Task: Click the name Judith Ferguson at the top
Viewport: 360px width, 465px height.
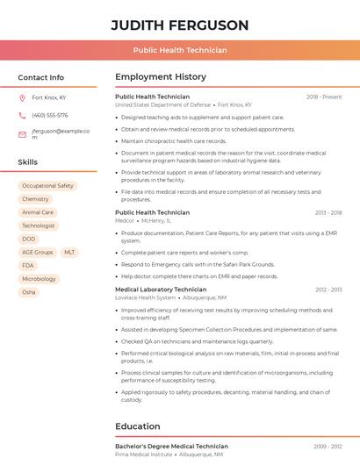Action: tap(180, 25)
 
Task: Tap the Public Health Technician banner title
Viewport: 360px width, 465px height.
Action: tap(180, 50)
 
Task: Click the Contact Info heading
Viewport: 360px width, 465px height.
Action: tap(40, 77)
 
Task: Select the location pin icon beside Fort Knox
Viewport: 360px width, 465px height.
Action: tap(22, 97)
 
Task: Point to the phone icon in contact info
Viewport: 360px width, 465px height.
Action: tap(22, 115)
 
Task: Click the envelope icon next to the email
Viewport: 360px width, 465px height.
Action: tap(22, 134)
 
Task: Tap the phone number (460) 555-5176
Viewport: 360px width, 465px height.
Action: tap(49, 115)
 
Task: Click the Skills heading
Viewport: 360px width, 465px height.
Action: tap(27, 162)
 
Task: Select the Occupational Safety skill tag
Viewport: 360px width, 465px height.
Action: tap(47, 186)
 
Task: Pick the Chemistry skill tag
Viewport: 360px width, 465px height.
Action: tap(35, 199)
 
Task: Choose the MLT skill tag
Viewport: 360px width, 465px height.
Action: tap(69, 252)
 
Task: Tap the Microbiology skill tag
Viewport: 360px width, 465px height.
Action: tap(39, 279)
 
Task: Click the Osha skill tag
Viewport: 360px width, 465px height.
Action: tap(29, 292)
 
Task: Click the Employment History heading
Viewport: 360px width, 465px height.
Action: tap(161, 77)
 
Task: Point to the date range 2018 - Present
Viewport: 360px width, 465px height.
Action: tap(324, 97)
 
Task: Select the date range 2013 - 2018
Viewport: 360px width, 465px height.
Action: tap(328, 212)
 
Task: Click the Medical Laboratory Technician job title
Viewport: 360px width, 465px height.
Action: tap(161, 289)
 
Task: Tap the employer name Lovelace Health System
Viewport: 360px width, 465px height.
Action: tap(146, 297)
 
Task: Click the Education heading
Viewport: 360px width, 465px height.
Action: tap(139, 426)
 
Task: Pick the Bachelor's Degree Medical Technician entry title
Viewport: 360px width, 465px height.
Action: tap(171, 447)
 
